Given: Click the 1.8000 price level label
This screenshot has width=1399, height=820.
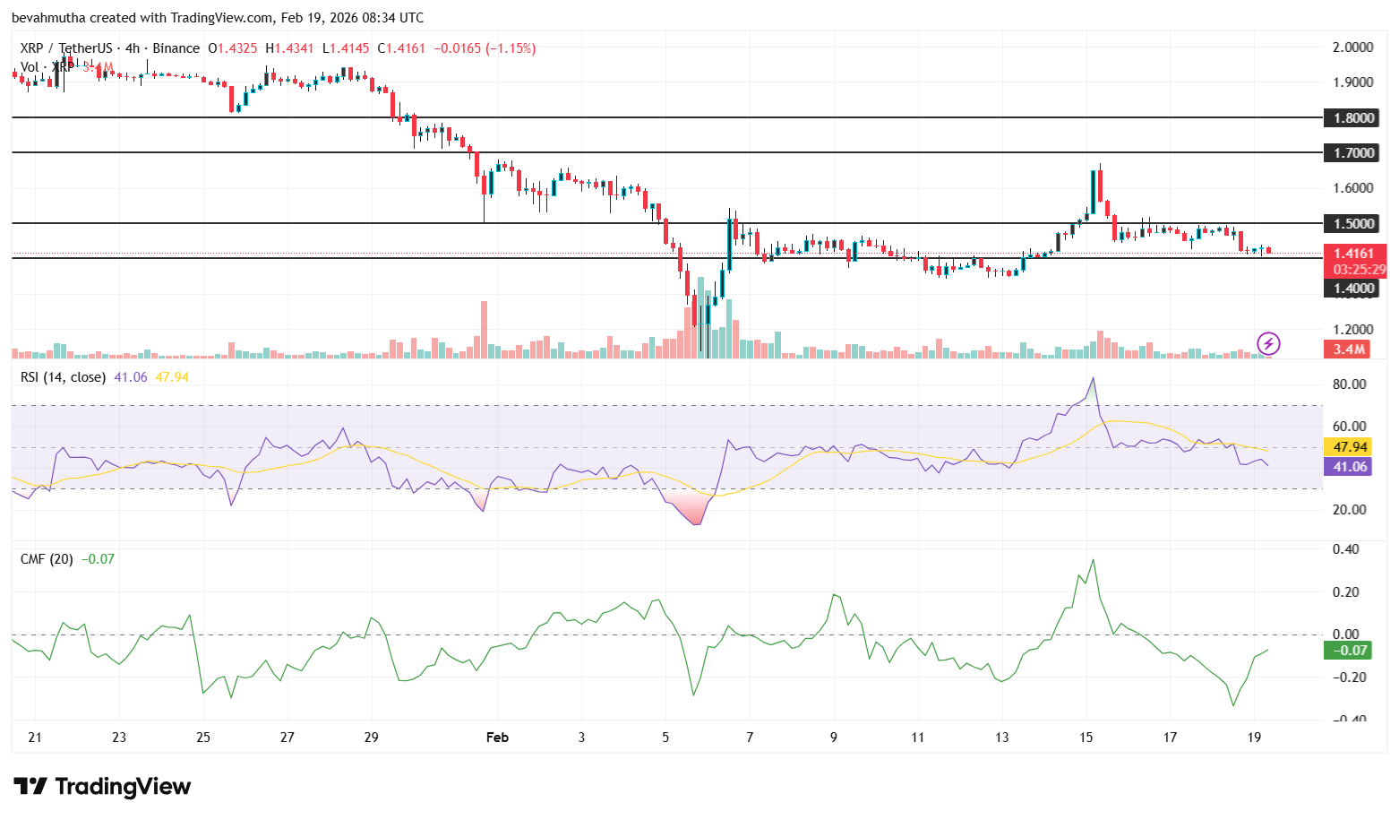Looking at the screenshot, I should click(1353, 117).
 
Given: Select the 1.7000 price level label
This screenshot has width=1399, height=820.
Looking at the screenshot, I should click(1353, 152).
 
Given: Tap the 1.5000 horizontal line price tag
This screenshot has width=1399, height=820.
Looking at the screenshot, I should click(1353, 223).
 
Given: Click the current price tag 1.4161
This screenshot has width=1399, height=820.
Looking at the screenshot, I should click(1353, 254).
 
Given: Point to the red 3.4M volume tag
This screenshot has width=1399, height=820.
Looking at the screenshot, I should click(1348, 350).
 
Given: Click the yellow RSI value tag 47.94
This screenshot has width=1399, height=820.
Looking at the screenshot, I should click(1349, 446).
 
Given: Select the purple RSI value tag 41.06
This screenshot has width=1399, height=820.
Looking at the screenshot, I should click(1349, 466).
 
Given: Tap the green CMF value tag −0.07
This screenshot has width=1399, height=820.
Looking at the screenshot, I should click(1349, 650).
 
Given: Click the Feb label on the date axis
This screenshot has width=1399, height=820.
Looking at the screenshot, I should click(497, 738).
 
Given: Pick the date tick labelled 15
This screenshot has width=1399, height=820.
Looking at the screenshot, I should click(1086, 738).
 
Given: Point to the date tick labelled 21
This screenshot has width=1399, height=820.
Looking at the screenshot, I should click(35, 738).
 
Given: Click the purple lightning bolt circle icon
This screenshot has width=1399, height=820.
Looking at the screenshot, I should click(1268, 343).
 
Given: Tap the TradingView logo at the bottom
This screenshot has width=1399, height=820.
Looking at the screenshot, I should click(102, 787).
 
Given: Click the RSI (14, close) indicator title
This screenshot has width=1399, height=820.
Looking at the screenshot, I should click(63, 377).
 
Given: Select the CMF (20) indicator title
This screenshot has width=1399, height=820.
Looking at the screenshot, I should click(47, 559).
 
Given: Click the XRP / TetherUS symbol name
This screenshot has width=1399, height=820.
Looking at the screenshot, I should click(66, 48).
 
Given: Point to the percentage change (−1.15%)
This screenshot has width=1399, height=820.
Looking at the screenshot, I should click(511, 48).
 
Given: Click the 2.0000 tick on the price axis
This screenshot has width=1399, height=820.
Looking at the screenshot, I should click(1353, 47).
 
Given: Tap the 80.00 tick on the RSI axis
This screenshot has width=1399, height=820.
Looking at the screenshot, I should click(1349, 384).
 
